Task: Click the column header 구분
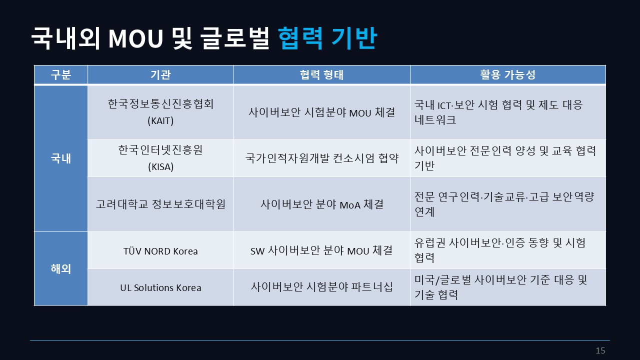pyautogui.click(x=60, y=74)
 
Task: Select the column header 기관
pyautogui.click(x=160, y=74)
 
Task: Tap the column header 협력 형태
pyautogui.click(x=321, y=74)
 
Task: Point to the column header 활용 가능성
pyautogui.click(x=507, y=74)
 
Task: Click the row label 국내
pyautogui.click(x=60, y=158)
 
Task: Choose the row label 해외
pyautogui.click(x=60, y=268)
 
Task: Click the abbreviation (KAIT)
pyautogui.click(x=160, y=120)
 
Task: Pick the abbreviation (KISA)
pyautogui.click(x=160, y=166)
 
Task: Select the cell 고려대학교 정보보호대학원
pyautogui.click(x=160, y=204)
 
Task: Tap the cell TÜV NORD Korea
pyautogui.click(x=160, y=251)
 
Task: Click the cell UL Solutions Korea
pyautogui.click(x=160, y=287)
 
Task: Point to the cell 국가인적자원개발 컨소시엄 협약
pyautogui.click(x=321, y=158)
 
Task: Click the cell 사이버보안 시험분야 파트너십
pyautogui.click(x=321, y=286)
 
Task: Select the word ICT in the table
pyautogui.click(x=444, y=105)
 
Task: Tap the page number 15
pyautogui.click(x=600, y=350)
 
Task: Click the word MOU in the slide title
pyautogui.click(x=135, y=38)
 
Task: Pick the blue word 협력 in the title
pyautogui.click(x=300, y=38)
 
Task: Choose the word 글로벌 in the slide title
pyautogui.click(x=234, y=38)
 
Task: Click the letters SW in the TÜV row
pyautogui.click(x=257, y=251)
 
